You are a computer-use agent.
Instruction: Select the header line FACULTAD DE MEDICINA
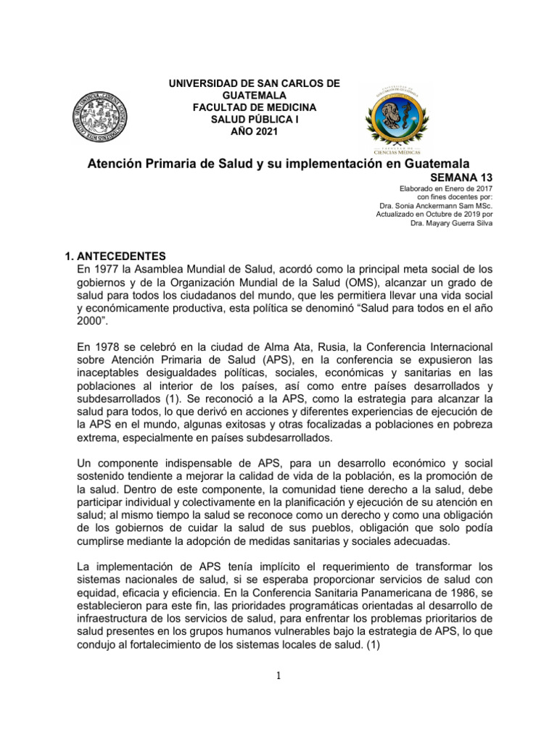pos(254,107)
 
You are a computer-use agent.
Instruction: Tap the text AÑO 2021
pos(254,130)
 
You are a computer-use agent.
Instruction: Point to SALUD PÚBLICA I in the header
pos(254,119)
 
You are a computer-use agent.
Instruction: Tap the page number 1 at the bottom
pos(278,676)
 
